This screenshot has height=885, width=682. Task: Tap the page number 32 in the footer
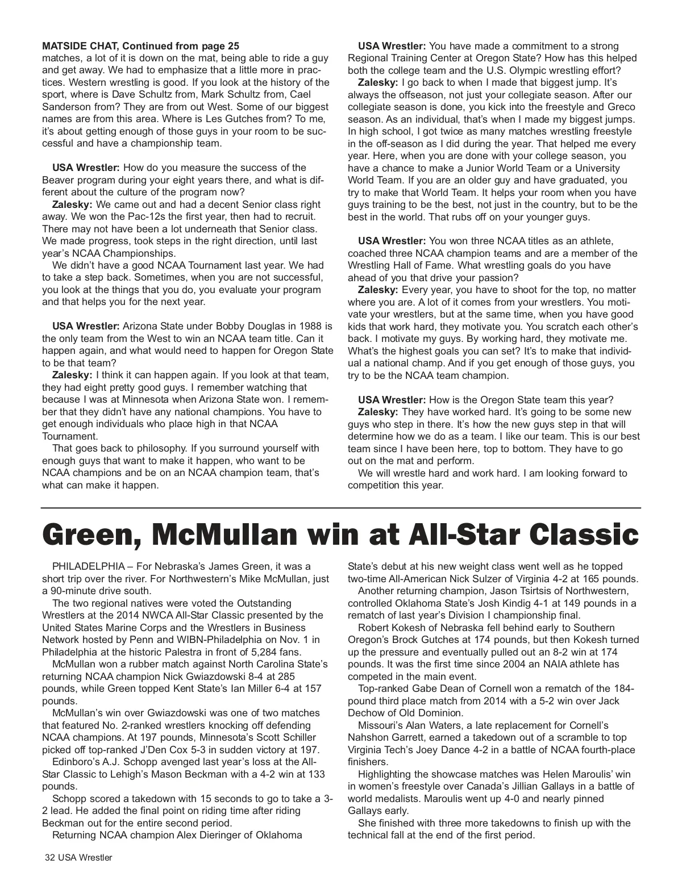[x=52, y=858]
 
